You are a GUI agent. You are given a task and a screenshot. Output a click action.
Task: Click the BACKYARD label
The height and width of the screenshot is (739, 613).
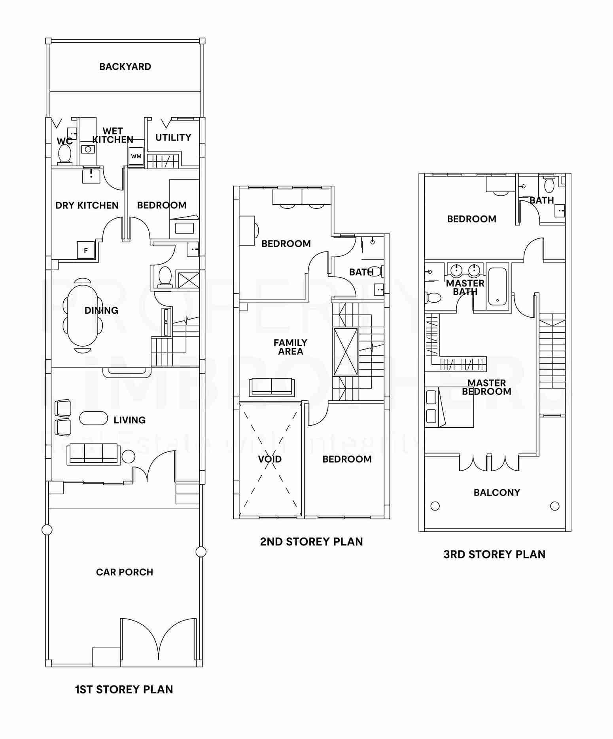click(125, 67)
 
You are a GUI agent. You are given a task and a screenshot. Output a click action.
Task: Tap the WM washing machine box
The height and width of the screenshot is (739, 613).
click(136, 156)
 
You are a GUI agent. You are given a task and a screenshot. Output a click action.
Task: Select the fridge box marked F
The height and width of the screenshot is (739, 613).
click(86, 250)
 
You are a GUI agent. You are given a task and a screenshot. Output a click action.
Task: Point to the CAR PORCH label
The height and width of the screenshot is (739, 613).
click(125, 572)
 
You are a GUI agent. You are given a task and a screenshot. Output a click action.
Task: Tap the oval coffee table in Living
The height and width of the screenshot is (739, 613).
click(93, 418)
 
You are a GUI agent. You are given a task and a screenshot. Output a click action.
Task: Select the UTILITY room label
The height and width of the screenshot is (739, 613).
click(173, 137)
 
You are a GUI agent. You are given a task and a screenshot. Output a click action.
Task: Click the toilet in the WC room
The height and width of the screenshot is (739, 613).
click(64, 154)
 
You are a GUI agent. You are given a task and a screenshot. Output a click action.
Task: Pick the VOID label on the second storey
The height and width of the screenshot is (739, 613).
click(270, 459)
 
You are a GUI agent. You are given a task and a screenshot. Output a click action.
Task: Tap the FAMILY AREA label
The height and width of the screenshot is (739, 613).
click(290, 347)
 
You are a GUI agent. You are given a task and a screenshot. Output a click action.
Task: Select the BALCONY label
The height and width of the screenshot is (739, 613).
click(497, 492)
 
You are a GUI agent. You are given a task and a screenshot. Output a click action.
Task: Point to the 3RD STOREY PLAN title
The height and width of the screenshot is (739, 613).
click(494, 554)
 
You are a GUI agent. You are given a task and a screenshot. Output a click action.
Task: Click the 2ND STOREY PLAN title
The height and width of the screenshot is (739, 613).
click(311, 541)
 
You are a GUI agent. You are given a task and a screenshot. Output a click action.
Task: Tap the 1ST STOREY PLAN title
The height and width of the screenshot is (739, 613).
click(124, 689)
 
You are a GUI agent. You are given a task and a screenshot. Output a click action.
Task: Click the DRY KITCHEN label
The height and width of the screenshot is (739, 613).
click(87, 205)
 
